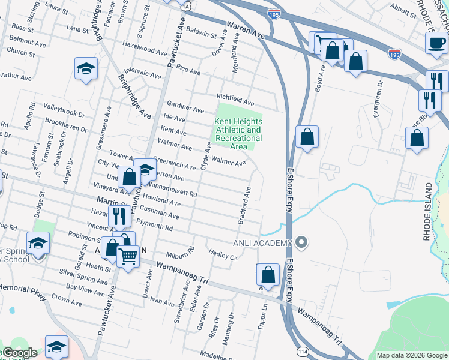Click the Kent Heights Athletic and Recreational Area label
238,134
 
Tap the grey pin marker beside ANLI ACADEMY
302,243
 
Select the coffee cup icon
436,43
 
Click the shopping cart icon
128,256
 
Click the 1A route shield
187,5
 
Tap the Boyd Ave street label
320,78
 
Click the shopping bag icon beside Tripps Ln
268,274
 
